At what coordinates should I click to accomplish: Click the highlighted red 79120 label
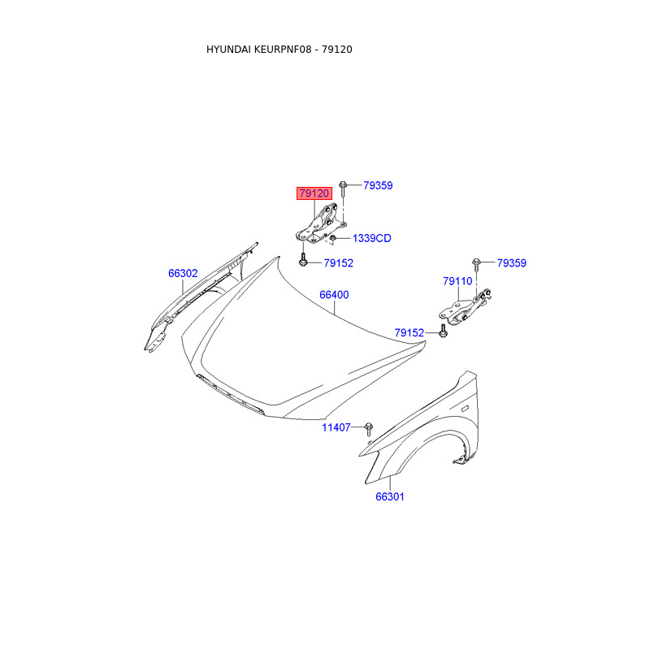tap(314, 193)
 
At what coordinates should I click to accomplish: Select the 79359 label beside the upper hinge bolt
tap(378, 185)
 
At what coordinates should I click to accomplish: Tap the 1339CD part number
tap(372, 238)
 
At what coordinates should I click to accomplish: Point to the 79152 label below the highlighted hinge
tap(338, 262)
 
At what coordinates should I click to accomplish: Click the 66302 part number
tap(183, 273)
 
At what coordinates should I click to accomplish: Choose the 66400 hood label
tap(334, 295)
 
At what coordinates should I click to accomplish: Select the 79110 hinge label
tap(457, 281)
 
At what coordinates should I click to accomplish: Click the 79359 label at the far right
tap(512, 262)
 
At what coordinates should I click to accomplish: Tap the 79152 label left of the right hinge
tap(409, 332)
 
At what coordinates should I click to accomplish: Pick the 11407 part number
tap(336, 427)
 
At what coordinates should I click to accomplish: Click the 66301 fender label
tap(390, 496)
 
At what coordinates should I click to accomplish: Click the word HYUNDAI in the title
tap(228, 50)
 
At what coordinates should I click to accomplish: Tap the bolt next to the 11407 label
tap(369, 429)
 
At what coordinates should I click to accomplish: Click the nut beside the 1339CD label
tap(332, 238)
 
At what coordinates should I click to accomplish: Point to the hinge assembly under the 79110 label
tap(465, 308)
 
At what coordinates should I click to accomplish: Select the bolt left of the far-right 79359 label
tap(476, 266)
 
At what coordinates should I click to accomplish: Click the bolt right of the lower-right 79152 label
tap(443, 332)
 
